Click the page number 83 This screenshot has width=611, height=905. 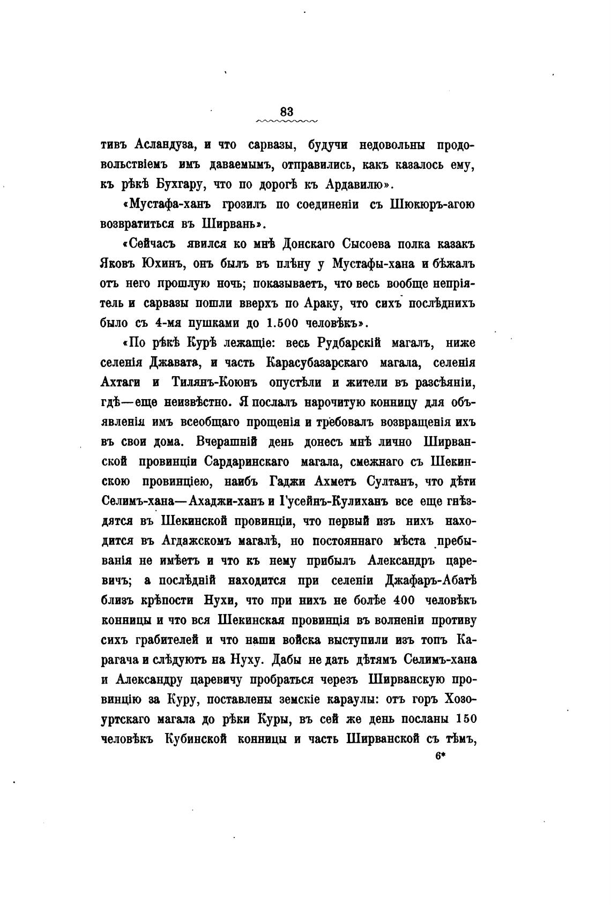pyautogui.click(x=287, y=111)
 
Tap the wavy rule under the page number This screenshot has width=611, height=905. pyautogui.click(x=287, y=122)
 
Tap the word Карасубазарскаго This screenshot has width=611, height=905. pyautogui.click(x=317, y=363)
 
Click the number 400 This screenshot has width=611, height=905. pyautogui.click(x=405, y=601)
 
